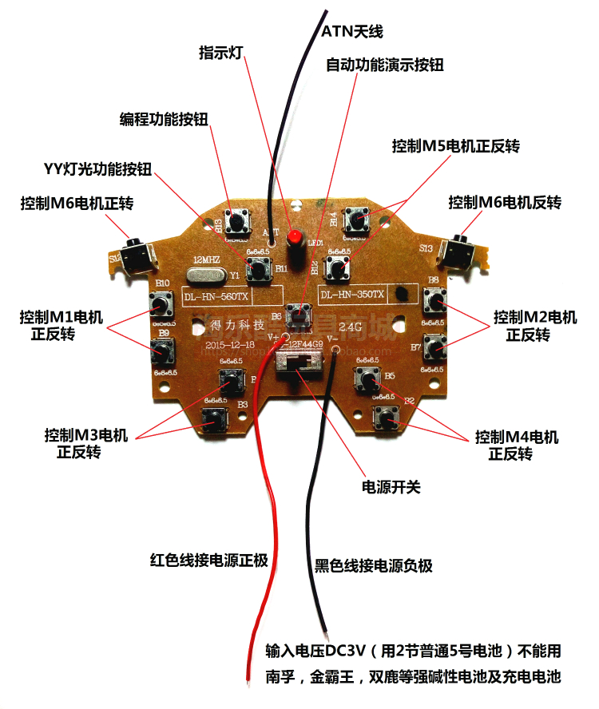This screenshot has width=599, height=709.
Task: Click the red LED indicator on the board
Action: [x=295, y=237]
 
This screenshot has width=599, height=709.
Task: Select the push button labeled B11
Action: [x=258, y=268]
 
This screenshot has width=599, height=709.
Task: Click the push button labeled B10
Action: [x=162, y=303]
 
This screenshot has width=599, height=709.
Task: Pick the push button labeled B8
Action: [x=436, y=300]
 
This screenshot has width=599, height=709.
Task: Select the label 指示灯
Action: [x=220, y=53]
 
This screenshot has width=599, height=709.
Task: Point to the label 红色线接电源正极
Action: [x=208, y=559]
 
